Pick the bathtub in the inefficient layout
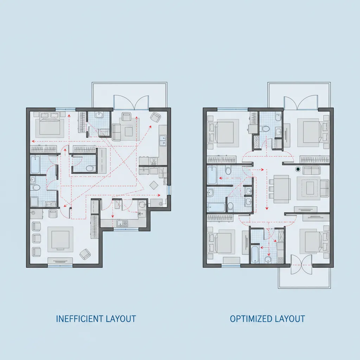click(35, 165)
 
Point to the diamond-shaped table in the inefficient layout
click(154, 185)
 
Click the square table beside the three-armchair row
click(60, 239)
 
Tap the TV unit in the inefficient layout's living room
click(60, 261)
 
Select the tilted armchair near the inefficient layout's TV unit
click(85, 254)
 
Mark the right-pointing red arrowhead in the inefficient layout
click(159, 195)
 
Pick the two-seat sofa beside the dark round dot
click(312, 171)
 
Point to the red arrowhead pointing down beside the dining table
click(266, 207)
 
